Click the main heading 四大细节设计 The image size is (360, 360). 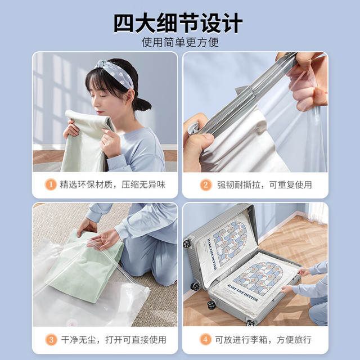pyautogui.click(x=178, y=23)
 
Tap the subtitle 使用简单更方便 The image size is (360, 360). pyautogui.click(x=180, y=42)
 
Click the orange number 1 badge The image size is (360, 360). pyautogui.click(x=51, y=184)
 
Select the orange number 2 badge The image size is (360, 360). pyautogui.click(x=206, y=185)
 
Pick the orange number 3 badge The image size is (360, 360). pyautogui.click(x=51, y=340)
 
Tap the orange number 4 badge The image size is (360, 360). pyautogui.click(x=205, y=339)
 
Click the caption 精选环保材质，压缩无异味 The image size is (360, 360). pyautogui.click(x=112, y=184)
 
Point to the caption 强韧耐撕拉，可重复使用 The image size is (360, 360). pyautogui.click(x=264, y=185)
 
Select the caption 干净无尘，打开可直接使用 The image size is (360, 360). pyautogui.click(x=114, y=340)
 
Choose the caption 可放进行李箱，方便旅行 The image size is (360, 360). pyautogui.click(x=263, y=340)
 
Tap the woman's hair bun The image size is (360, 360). pyautogui.click(x=142, y=105)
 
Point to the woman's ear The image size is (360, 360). pyautogui.click(x=129, y=96)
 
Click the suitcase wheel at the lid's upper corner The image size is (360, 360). pyautogui.click(x=187, y=244)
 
